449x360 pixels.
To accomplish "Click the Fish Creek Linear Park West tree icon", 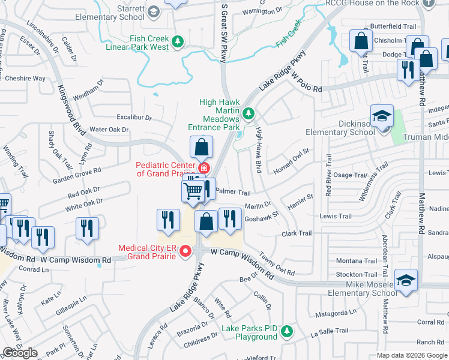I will click(177, 41).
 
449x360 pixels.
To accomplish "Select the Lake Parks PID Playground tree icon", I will click(288, 331).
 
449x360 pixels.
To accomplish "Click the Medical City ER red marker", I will click(185, 251).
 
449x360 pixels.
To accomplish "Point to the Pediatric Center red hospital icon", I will click(204, 168).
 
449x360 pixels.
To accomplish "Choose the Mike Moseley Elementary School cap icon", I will click(406, 281).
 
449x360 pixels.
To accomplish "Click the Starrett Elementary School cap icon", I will click(154, 11).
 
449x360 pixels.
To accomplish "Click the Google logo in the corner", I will click(20, 353).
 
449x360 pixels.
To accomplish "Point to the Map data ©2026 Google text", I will click(412, 355).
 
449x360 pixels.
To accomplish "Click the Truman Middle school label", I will click(427, 137).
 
